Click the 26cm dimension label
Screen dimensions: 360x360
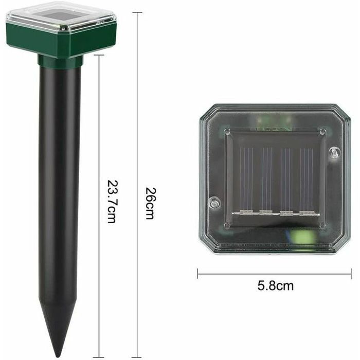point(149,203)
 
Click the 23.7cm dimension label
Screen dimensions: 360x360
point(112,201)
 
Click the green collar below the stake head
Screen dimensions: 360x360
point(60,62)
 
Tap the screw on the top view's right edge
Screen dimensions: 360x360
point(335,153)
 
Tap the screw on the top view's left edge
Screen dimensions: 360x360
point(214,203)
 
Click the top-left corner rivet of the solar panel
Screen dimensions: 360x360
point(227,132)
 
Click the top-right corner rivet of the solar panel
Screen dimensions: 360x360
point(322,132)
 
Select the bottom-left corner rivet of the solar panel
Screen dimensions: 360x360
point(227,225)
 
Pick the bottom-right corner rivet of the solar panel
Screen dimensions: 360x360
point(322,225)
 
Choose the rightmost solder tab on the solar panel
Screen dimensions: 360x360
point(307,212)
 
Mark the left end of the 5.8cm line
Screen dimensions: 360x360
point(198,274)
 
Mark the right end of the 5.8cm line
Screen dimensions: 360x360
point(351,274)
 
